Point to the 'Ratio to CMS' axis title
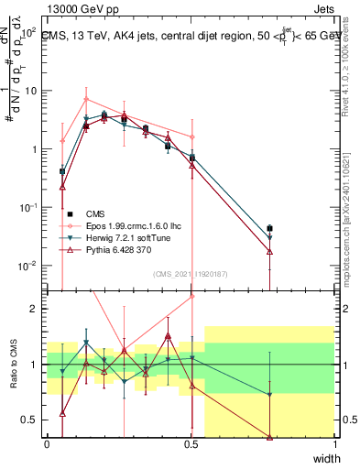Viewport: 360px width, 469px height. [x=12, y=365]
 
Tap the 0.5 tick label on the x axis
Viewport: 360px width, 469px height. [x=191, y=444]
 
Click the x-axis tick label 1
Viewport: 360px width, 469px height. [x=335, y=444]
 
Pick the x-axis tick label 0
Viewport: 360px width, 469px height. [x=48, y=444]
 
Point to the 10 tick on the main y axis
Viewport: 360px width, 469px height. [x=29, y=91]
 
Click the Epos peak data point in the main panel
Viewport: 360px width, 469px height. [x=85, y=99]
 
